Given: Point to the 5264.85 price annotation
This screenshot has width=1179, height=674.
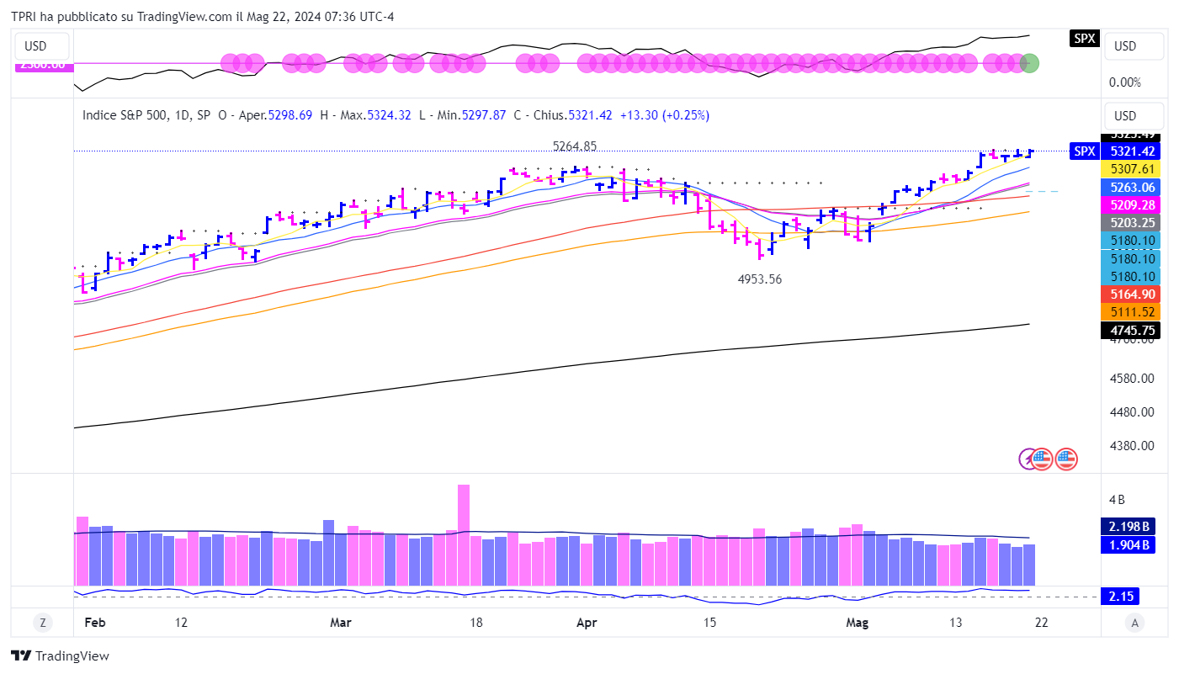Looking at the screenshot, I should (574, 146).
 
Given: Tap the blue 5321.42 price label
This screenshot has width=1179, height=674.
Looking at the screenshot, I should (1129, 151).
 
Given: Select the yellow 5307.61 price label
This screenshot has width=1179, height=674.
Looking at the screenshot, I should (1129, 169).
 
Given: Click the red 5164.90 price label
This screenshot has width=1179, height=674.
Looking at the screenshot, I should (1129, 294).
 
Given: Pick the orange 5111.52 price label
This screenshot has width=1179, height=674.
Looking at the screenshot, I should (1129, 311).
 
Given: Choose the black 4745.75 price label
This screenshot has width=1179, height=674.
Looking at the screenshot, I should (1129, 331).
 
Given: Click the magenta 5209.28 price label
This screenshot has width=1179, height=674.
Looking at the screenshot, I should (1129, 204).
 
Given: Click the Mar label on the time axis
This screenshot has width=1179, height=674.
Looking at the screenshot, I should (341, 623).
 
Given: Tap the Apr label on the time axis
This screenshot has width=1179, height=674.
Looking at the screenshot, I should (586, 623).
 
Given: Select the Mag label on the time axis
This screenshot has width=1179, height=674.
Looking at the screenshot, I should (857, 623).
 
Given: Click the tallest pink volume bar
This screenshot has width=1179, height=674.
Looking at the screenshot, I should (463, 534).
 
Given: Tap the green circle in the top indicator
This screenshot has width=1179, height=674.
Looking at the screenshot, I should (1028, 62).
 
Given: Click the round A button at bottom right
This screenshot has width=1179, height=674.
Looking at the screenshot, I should (1134, 623).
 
